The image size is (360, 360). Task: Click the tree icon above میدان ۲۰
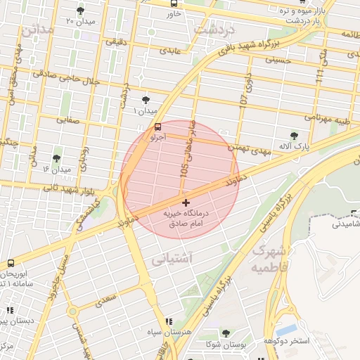coord(80,11)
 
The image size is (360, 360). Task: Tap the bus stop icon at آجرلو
coord(157,127)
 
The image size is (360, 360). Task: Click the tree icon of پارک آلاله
coord(294,136)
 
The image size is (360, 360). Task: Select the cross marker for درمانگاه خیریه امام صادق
coord(185,203)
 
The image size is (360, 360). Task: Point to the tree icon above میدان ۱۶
coord(56,158)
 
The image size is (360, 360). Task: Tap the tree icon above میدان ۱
coord(146,100)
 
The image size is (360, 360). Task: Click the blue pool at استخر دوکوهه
coord(285,329)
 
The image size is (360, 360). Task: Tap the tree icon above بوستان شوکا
coord(226,333)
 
